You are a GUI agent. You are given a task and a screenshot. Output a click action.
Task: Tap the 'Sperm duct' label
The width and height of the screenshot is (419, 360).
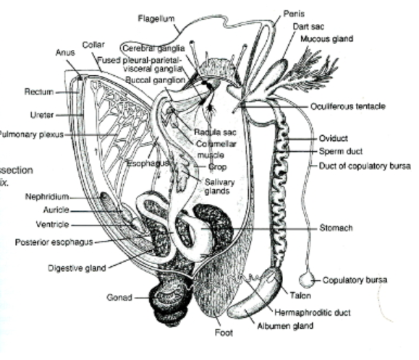pos(341,151)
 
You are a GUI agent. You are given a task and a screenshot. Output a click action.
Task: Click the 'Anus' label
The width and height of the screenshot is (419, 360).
pos(64,52)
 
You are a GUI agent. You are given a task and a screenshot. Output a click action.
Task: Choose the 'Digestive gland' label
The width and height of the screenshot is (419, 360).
pos(77,268)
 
